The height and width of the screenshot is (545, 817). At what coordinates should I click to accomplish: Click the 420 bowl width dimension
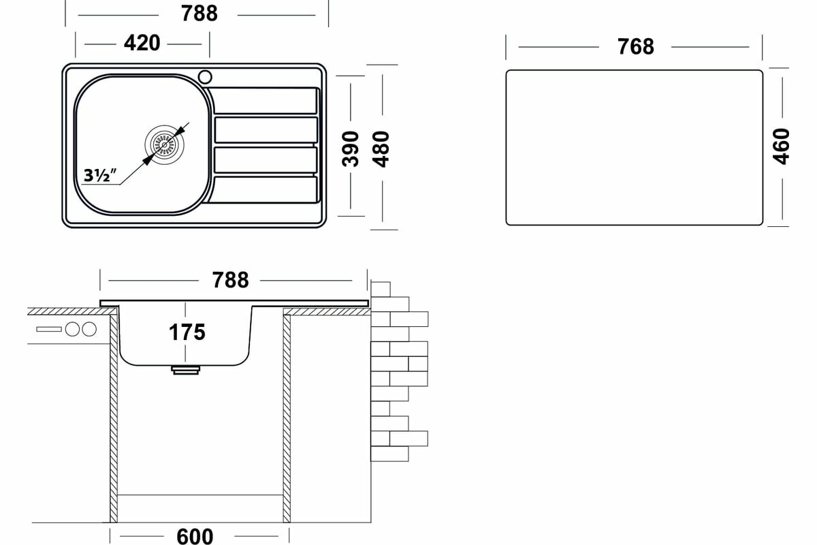[x=142, y=43]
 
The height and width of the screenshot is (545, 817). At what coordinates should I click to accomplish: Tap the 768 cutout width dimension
[x=635, y=46]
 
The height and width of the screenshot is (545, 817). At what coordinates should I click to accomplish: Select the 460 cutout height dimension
[x=782, y=146]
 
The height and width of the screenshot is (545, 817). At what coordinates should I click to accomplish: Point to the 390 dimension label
[x=350, y=149]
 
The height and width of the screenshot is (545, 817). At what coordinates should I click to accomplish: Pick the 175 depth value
[x=187, y=332]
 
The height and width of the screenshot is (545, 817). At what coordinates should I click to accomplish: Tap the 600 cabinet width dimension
[x=195, y=535]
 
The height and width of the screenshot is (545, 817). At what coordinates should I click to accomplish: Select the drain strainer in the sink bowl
[x=164, y=144]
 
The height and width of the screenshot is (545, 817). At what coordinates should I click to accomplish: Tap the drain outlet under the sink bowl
[x=186, y=369]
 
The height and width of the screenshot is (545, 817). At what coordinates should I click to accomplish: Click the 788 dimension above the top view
[x=200, y=13]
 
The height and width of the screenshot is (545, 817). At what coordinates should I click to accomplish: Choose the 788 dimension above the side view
[x=230, y=280]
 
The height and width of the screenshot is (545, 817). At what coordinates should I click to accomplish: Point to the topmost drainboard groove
[x=266, y=101]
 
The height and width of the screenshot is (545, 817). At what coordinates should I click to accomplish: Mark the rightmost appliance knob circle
[x=89, y=329]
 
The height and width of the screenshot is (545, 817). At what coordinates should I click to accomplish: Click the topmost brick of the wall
[x=381, y=289]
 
